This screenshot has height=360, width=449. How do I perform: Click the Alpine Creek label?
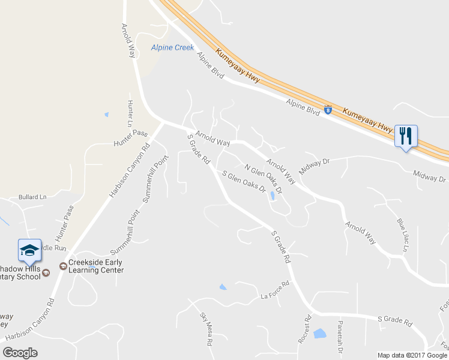click(x=172, y=47)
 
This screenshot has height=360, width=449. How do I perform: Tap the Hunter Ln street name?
click(x=130, y=112)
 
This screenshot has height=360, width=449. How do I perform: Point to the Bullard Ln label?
click(x=32, y=197)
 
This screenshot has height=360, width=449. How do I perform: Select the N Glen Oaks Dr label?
click(x=263, y=178)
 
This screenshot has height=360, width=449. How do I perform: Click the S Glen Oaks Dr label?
click(x=244, y=182)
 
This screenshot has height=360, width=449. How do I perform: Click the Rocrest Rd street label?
click(x=305, y=329)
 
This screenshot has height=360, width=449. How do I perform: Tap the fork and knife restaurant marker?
click(x=406, y=136)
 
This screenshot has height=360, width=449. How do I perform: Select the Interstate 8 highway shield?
click(x=328, y=110)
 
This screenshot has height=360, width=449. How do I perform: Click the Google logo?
click(x=20, y=352)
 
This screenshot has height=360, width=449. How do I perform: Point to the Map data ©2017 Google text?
click(x=412, y=355)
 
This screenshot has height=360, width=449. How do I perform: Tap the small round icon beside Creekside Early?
click(x=62, y=266)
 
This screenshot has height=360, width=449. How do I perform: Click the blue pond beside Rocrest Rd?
click(x=320, y=333)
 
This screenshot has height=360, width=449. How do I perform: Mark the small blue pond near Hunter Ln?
click(x=106, y=114)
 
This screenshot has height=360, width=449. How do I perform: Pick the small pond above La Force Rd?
click(x=223, y=287)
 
